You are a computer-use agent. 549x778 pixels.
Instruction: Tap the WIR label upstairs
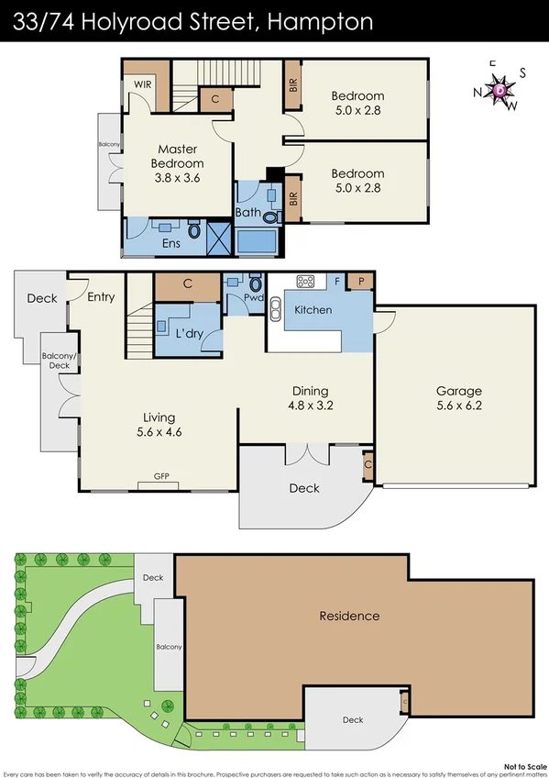click(142, 83)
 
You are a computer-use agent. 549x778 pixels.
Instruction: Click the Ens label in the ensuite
click(170, 244)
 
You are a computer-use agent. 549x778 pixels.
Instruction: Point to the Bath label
click(247, 214)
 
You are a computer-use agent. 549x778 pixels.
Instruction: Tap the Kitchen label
click(313, 310)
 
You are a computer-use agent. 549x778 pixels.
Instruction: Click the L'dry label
click(189, 334)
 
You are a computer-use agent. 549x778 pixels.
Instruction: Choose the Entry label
click(101, 296)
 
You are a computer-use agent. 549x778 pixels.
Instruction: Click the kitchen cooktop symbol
click(305, 282)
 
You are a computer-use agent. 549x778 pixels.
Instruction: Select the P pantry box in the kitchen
click(361, 282)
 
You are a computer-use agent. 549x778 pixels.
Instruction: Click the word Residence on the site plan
click(349, 616)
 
